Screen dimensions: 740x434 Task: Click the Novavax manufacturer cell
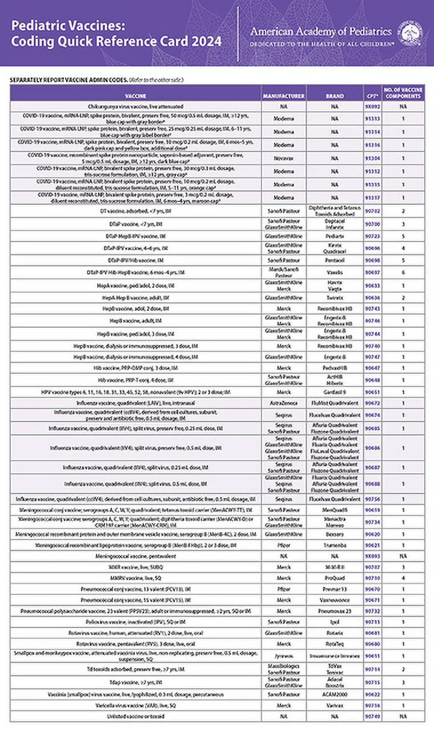[284, 158]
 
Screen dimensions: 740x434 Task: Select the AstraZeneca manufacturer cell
[284, 402]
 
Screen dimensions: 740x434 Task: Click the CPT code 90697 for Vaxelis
[372, 274]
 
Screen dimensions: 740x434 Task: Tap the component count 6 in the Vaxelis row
[403, 274]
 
